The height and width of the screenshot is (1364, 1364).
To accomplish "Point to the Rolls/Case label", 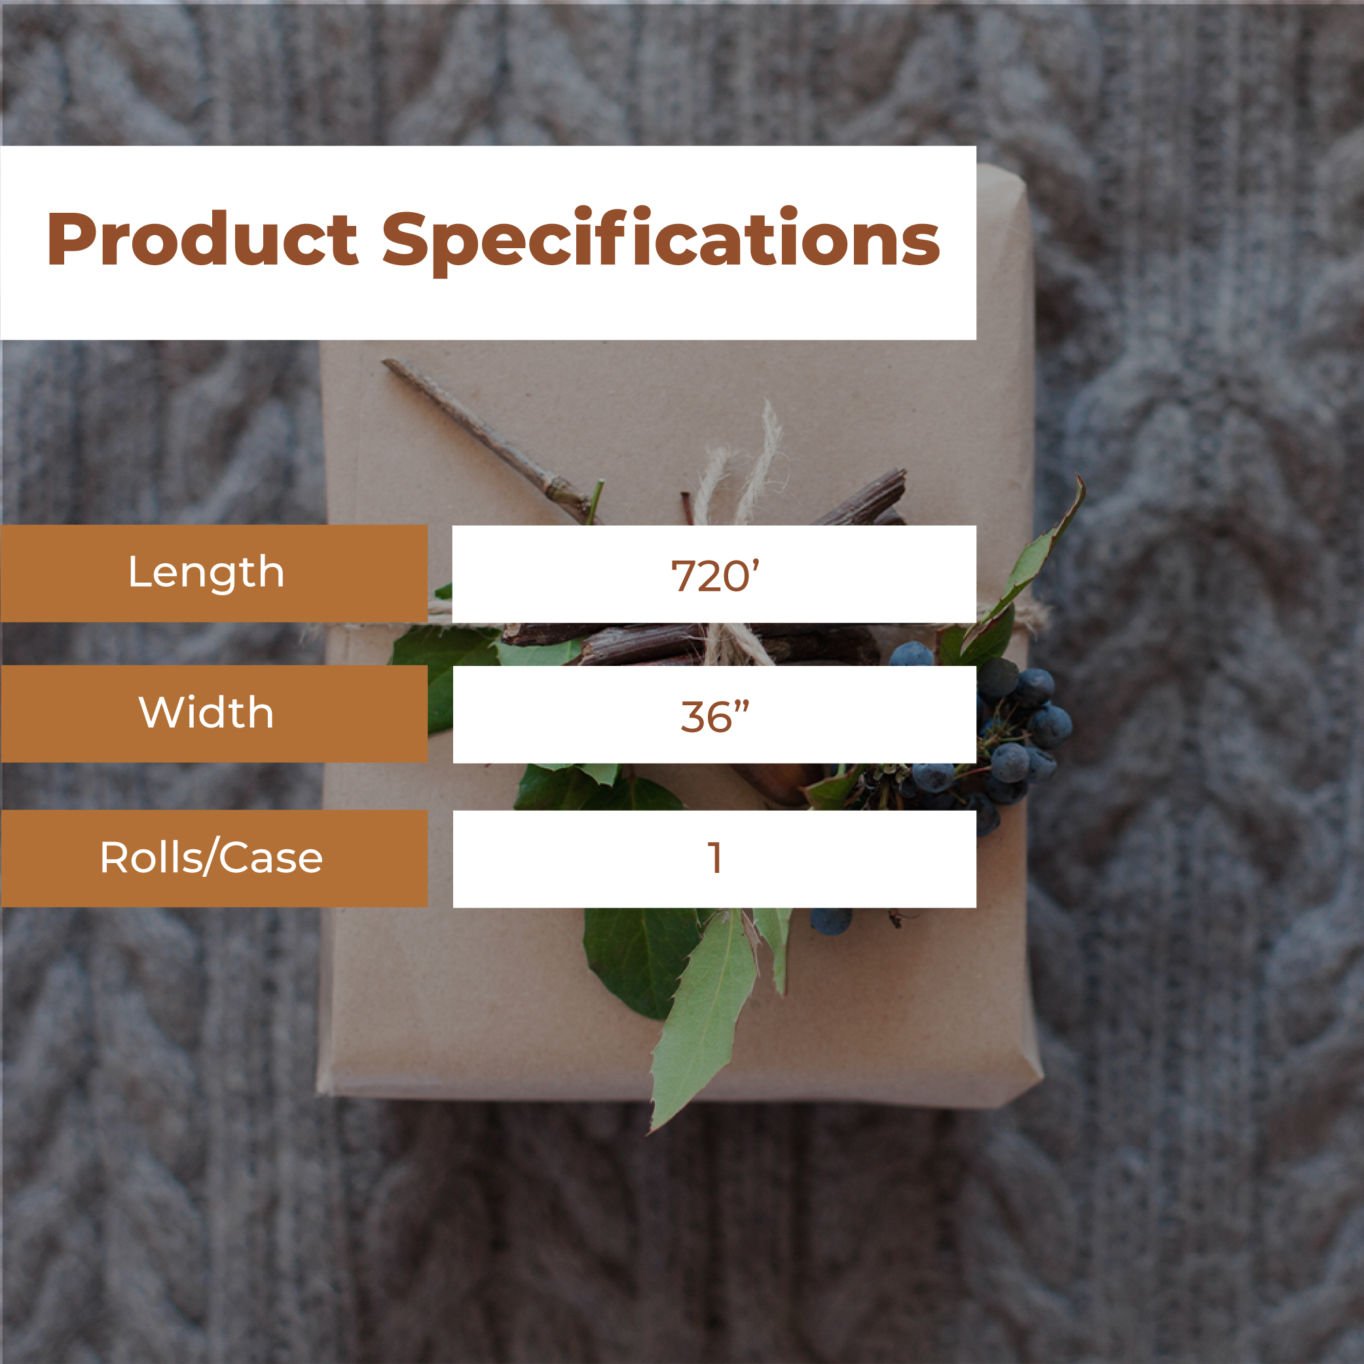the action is (x=211, y=858).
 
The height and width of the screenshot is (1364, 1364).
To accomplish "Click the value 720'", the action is (x=714, y=575).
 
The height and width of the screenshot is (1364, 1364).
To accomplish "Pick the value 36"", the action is (x=714, y=716).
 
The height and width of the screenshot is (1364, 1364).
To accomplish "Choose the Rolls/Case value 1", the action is (x=714, y=858).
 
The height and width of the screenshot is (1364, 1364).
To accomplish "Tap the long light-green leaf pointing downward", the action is (x=703, y=1017).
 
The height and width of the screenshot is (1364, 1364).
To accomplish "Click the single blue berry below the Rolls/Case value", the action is (x=830, y=921).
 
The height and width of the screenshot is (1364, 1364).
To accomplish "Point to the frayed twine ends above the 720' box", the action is (x=741, y=466).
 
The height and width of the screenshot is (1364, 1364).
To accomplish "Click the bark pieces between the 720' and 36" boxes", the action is (x=692, y=644).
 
